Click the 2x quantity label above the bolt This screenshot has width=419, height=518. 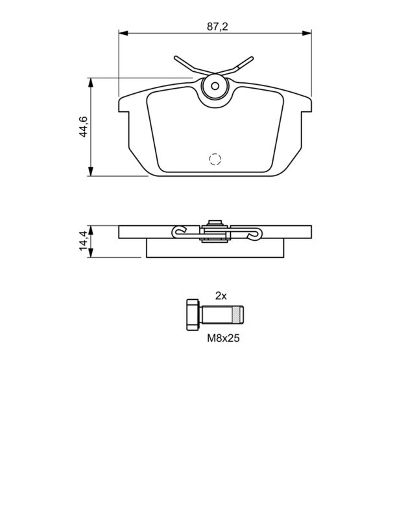click(x=221, y=296)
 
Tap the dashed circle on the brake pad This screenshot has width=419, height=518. click(x=215, y=159)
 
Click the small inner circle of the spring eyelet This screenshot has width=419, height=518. click(x=215, y=86)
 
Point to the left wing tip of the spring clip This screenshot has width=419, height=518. click(x=178, y=59)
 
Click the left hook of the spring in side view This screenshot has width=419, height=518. click(x=178, y=231)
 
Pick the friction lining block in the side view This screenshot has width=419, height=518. click(x=215, y=249)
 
